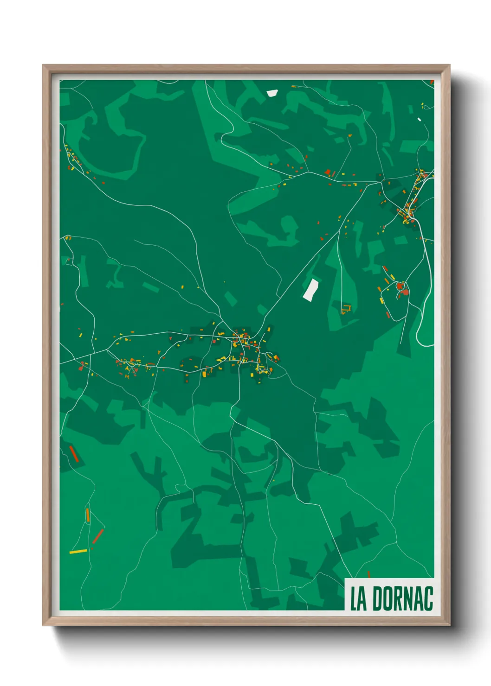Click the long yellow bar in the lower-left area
pos(78,552)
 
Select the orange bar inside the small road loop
pos(87,514)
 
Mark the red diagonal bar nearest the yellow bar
pos(98,536)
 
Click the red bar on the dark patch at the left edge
pos(73,454)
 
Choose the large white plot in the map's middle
pos(311,290)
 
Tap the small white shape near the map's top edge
pos(272,93)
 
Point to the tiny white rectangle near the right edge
pos(419,120)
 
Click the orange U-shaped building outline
pos(346,308)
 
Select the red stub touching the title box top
pos(369,574)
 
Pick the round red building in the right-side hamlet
pos(400,286)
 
